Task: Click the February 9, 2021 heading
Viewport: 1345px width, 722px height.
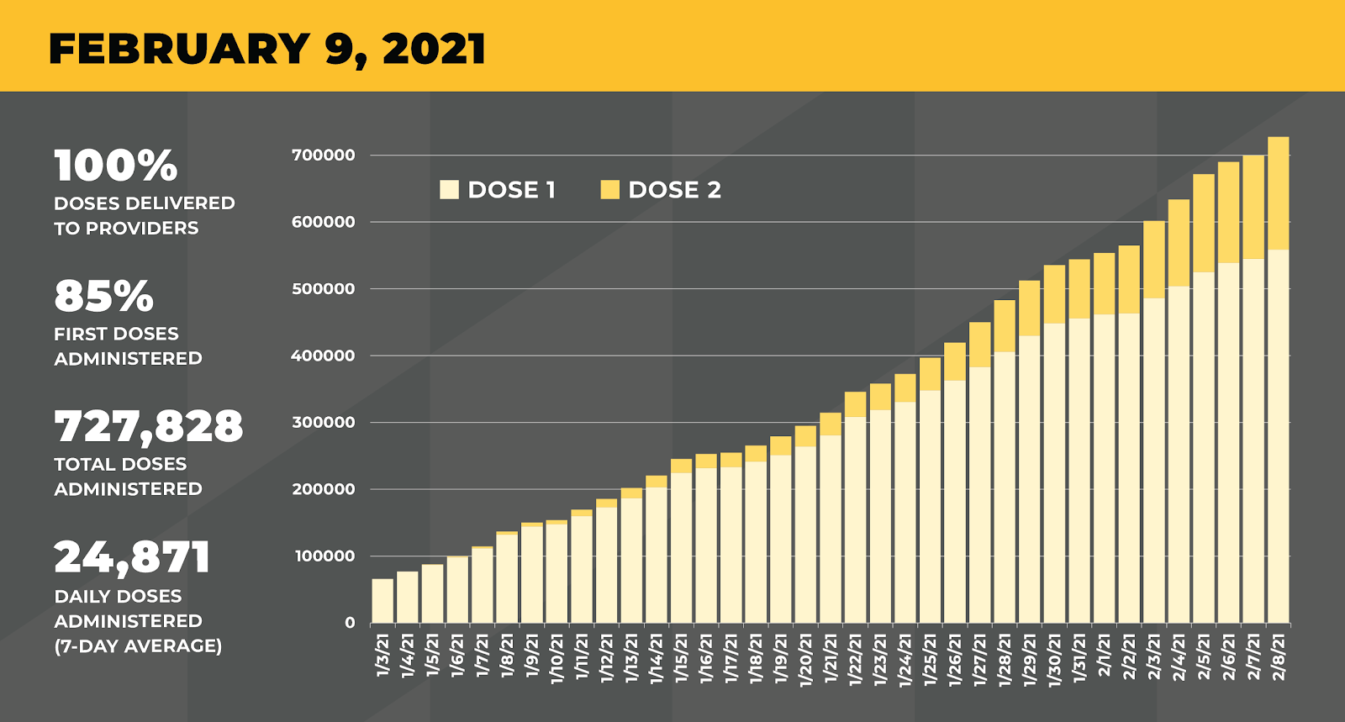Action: click(x=267, y=49)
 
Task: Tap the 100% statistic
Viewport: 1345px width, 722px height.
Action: click(x=116, y=166)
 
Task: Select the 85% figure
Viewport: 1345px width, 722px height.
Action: click(x=104, y=296)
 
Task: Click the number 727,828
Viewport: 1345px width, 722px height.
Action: click(x=149, y=426)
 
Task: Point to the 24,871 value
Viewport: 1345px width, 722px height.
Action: click(x=132, y=556)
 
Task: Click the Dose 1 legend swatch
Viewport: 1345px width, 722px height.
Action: click(x=449, y=190)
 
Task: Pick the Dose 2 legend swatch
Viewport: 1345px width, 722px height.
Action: click(x=609, y=190)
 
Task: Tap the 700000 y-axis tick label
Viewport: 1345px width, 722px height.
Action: click(x=323, y=155)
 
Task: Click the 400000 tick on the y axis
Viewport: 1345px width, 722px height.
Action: click(x=323, y=356)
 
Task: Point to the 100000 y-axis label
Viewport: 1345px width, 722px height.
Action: click(x=323, y=556)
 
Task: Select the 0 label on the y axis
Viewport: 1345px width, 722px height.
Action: click(x=350, y=623)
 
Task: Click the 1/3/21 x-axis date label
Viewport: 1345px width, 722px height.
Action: click(x=383, y=656)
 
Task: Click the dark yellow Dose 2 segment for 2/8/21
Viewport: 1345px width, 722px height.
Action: click(x=1278, y=193)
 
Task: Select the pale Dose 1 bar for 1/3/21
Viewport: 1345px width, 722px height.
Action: click(x=382, y=601)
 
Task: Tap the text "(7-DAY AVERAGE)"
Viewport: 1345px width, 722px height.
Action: click(x=138, y=646)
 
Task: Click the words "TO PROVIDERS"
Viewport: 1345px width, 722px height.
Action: click(x=126, y=229)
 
